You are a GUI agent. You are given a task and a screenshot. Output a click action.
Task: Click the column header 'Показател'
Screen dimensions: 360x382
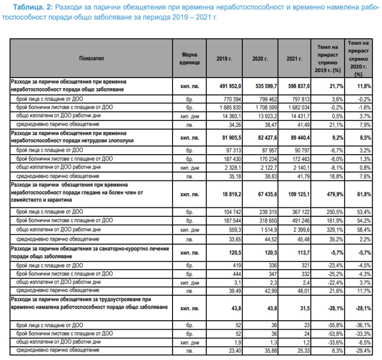(91, 59)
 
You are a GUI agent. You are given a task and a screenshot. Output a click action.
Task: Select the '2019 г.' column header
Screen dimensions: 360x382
(224, 59)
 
